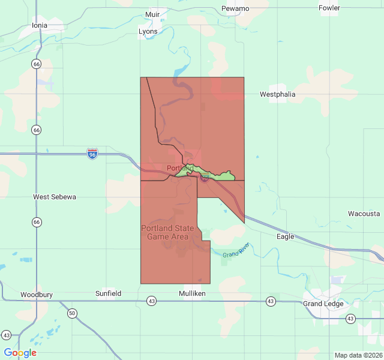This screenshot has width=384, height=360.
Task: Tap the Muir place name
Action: tap(152, 14)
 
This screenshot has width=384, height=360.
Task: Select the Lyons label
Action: tap(148, 31)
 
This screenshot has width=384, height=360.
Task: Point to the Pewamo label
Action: tap(235, 8)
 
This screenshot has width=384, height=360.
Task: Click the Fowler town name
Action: tap(329, 8)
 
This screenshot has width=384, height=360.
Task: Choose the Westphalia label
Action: tap(278, 94)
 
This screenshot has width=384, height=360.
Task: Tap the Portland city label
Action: tap(179, 169)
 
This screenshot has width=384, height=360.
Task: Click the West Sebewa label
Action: tap(55, 197)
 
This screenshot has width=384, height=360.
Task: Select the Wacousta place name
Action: tap(364, 214)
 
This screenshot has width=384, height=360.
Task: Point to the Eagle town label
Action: tap(286, 236)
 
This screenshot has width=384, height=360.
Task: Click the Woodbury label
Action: tap(37, 295)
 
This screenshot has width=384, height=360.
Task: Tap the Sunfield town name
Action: tap(108, 293)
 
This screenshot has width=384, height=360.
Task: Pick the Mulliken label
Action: tap(192, 293)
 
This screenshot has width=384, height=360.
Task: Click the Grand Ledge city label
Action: tap(323, 304)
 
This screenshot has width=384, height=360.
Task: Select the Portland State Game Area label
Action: tap(167, 232)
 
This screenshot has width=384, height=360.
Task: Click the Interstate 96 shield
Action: tap(92, 154)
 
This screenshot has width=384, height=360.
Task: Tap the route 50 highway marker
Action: tap(72, 313)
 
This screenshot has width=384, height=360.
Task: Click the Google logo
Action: tap(20, 353)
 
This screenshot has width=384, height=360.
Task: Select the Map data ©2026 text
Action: tap(358, 355)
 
